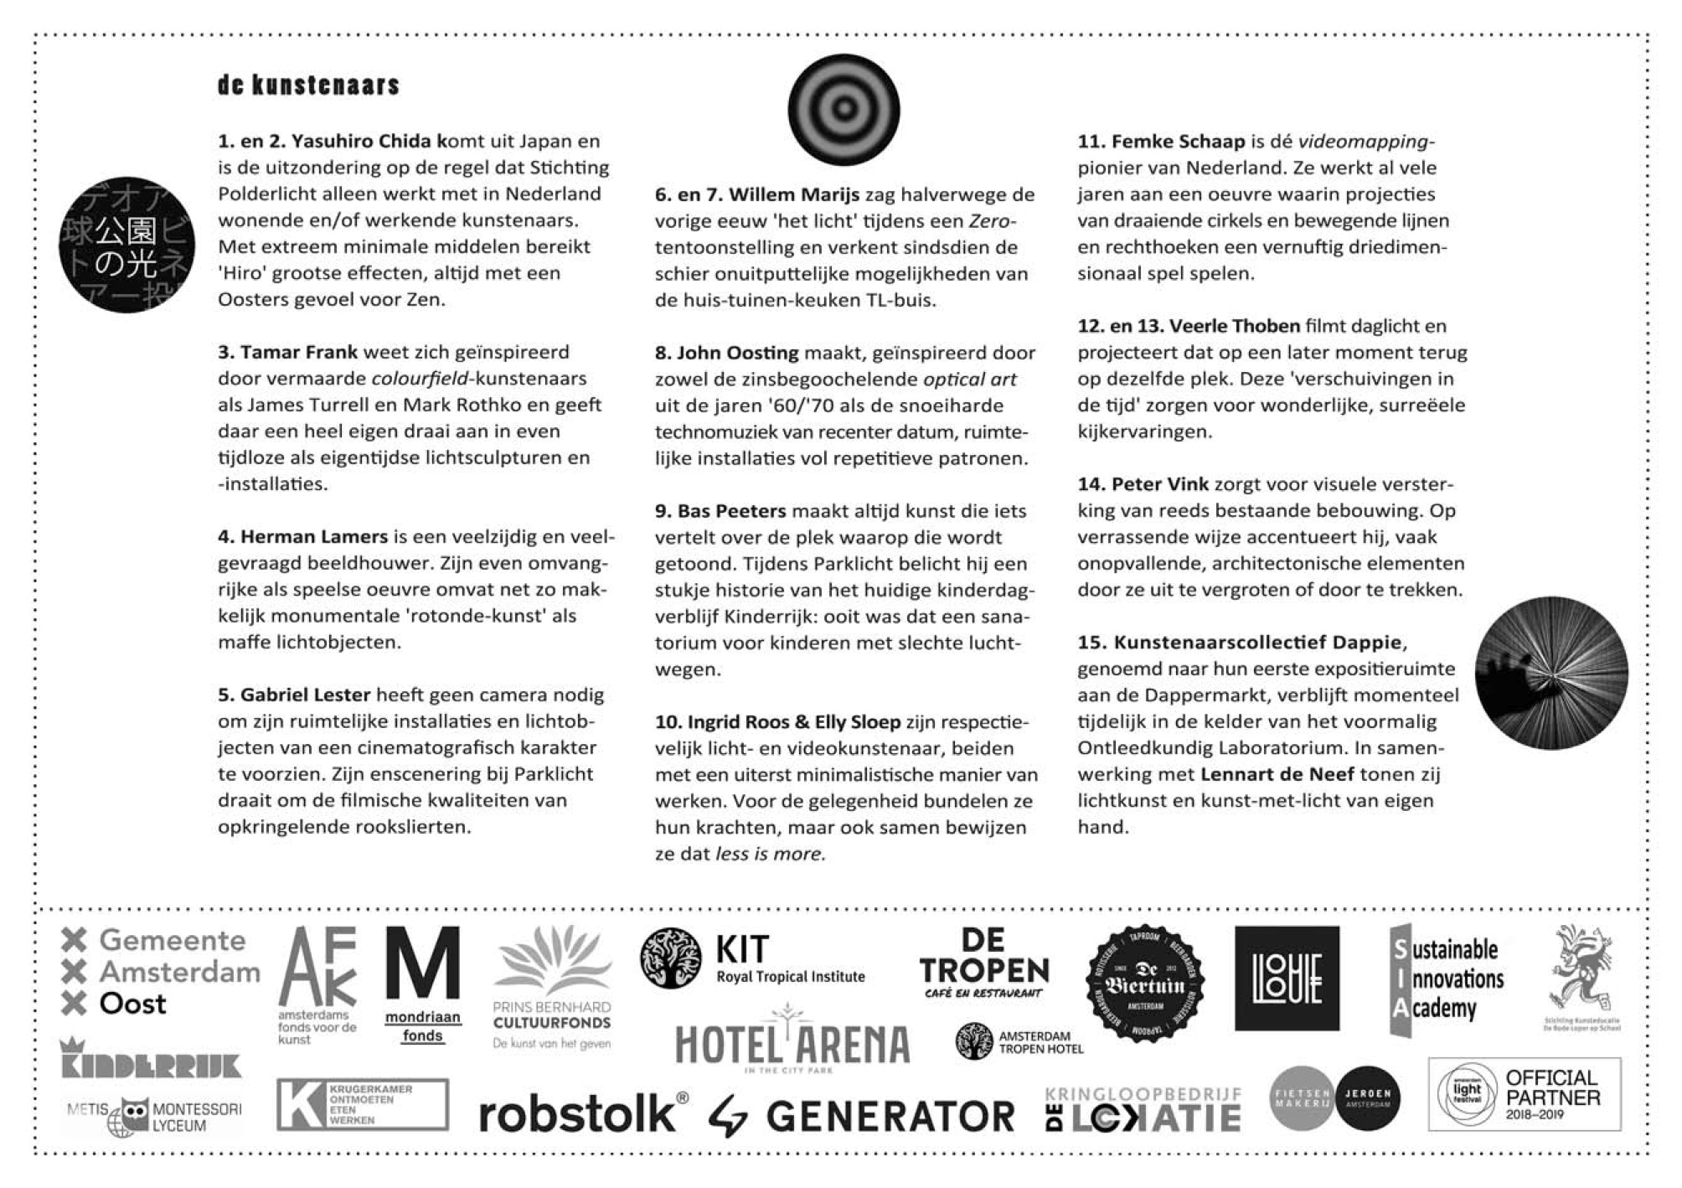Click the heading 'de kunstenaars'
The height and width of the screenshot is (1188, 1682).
tap(308, 85)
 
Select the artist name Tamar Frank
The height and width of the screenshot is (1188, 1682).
tap(298, 352)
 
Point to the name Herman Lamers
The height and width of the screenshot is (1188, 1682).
tap(314, 536)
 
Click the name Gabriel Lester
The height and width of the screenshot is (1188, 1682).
tap(305, 695)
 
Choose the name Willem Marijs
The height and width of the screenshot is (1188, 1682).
tap(793, 194)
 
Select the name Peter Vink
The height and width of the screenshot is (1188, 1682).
tap(1159, 483)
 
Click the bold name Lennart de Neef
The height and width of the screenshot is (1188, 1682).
tap(1277, 774)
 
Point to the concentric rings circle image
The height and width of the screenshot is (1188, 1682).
tap(844, 109)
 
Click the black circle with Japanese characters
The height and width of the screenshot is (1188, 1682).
tap(126, 245)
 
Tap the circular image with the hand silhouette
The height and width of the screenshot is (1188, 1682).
tap(1551, 673)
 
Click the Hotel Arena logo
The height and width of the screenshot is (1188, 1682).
tap(792, 1043)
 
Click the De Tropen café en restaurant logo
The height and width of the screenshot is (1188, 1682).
tap(983, 963)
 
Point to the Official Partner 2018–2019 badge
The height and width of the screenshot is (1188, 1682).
tap(1524, 1094)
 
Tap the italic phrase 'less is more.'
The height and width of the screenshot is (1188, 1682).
tap(770, 854)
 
